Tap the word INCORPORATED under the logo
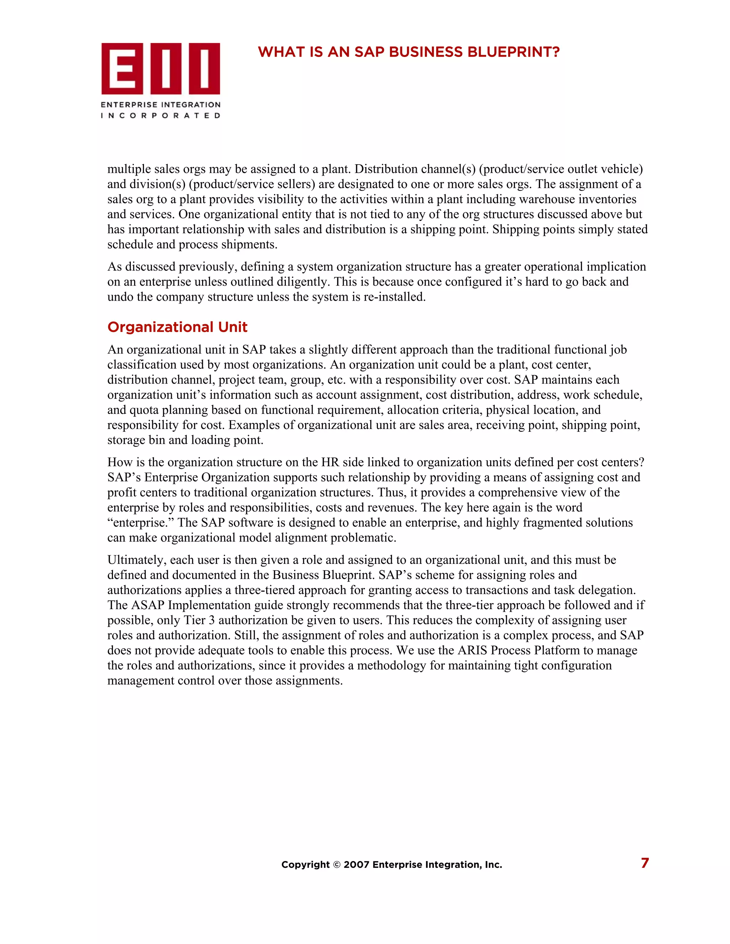(161, 115)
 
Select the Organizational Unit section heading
(177, 327)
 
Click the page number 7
(644, 863)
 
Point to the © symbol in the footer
(336, 865)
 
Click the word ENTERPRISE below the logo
(129, 105)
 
